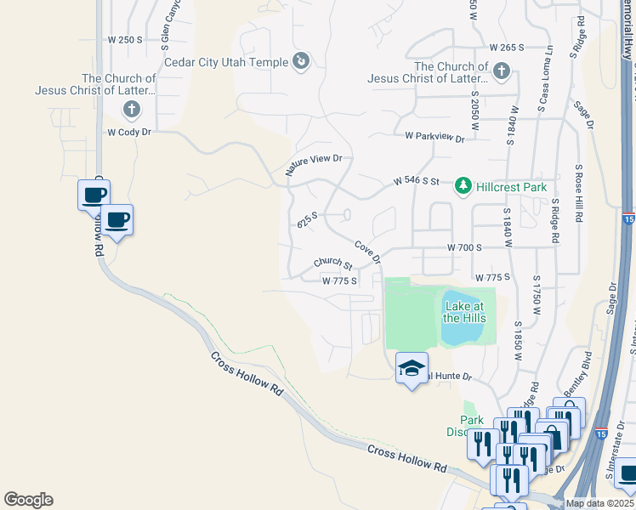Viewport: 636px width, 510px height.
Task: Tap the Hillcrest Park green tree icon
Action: coord(463,184)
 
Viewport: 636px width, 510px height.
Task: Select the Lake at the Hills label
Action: coord(464,312)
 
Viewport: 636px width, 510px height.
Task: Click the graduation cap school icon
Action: coord(412,369)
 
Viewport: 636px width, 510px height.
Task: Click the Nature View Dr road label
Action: coord(314,165)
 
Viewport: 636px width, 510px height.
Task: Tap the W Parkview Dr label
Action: coord(434,137)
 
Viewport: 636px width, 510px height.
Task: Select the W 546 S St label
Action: coord(416,181)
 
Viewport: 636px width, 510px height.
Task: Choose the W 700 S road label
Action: coord(464,246)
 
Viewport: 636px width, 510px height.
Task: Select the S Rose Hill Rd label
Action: coord(579,195)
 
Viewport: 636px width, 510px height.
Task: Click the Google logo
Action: coord(28,500)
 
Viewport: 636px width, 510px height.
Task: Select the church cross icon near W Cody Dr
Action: coord(131,109)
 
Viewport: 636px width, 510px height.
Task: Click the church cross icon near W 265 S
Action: coord(502,71)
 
